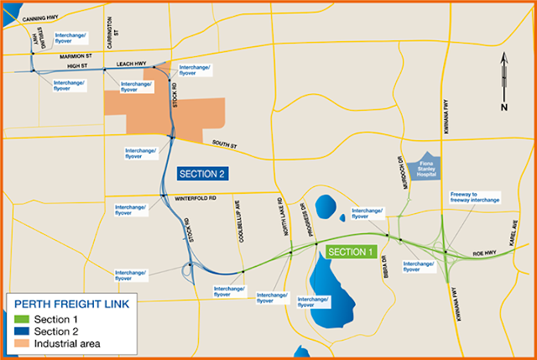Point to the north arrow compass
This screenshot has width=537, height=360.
click(x=504, y=81)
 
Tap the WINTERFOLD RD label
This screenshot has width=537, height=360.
click(x=196, y=198)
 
